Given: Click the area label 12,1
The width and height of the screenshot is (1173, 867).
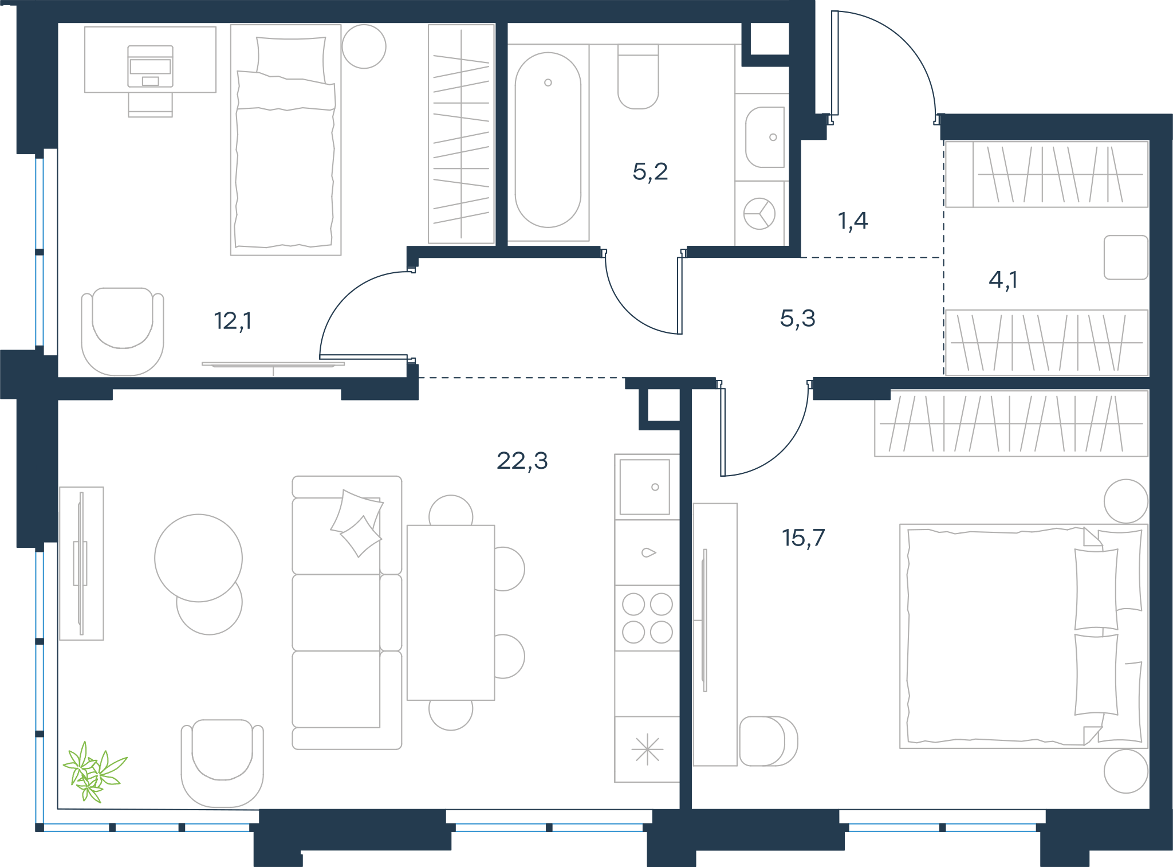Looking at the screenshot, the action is (x=233, y=321).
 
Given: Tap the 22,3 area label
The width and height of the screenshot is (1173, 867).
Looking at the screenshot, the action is (x=522, y=461).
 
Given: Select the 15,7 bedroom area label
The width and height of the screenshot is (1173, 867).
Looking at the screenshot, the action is (x=803, y=538).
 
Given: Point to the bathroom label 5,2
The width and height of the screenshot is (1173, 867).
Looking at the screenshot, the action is (x=650, y=171).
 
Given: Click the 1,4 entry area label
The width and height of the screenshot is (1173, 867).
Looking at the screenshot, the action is (x=853, y=221).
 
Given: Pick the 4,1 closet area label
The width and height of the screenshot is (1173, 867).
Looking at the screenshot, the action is (x=1003, y=280).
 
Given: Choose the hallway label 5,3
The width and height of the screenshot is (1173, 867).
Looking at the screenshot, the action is (x=797, y=318).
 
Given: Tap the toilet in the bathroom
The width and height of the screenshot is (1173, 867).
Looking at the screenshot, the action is (x=638, y=77).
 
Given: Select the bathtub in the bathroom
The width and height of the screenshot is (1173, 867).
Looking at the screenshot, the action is (x=548, y=141).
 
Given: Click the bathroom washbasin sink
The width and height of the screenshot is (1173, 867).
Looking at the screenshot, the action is (x=765, y=137).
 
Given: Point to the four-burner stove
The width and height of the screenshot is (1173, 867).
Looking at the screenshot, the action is (x=647, y=618).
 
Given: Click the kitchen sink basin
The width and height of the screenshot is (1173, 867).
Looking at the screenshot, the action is (x=645, y=487).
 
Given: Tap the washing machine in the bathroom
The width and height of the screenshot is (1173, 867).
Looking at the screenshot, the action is (x=759, y=214).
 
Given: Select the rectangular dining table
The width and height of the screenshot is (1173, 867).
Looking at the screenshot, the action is (x=451, y=613).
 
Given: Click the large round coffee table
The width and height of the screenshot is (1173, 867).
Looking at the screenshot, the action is (x=198, y=558).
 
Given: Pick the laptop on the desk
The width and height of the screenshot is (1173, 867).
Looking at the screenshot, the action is (x=150, y=66).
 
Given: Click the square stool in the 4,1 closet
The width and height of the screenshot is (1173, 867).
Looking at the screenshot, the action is (x=1126, y=257).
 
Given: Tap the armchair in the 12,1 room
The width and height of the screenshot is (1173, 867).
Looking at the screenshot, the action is (x=123, y=331).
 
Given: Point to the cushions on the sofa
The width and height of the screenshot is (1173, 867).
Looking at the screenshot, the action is (x=357, y=523).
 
